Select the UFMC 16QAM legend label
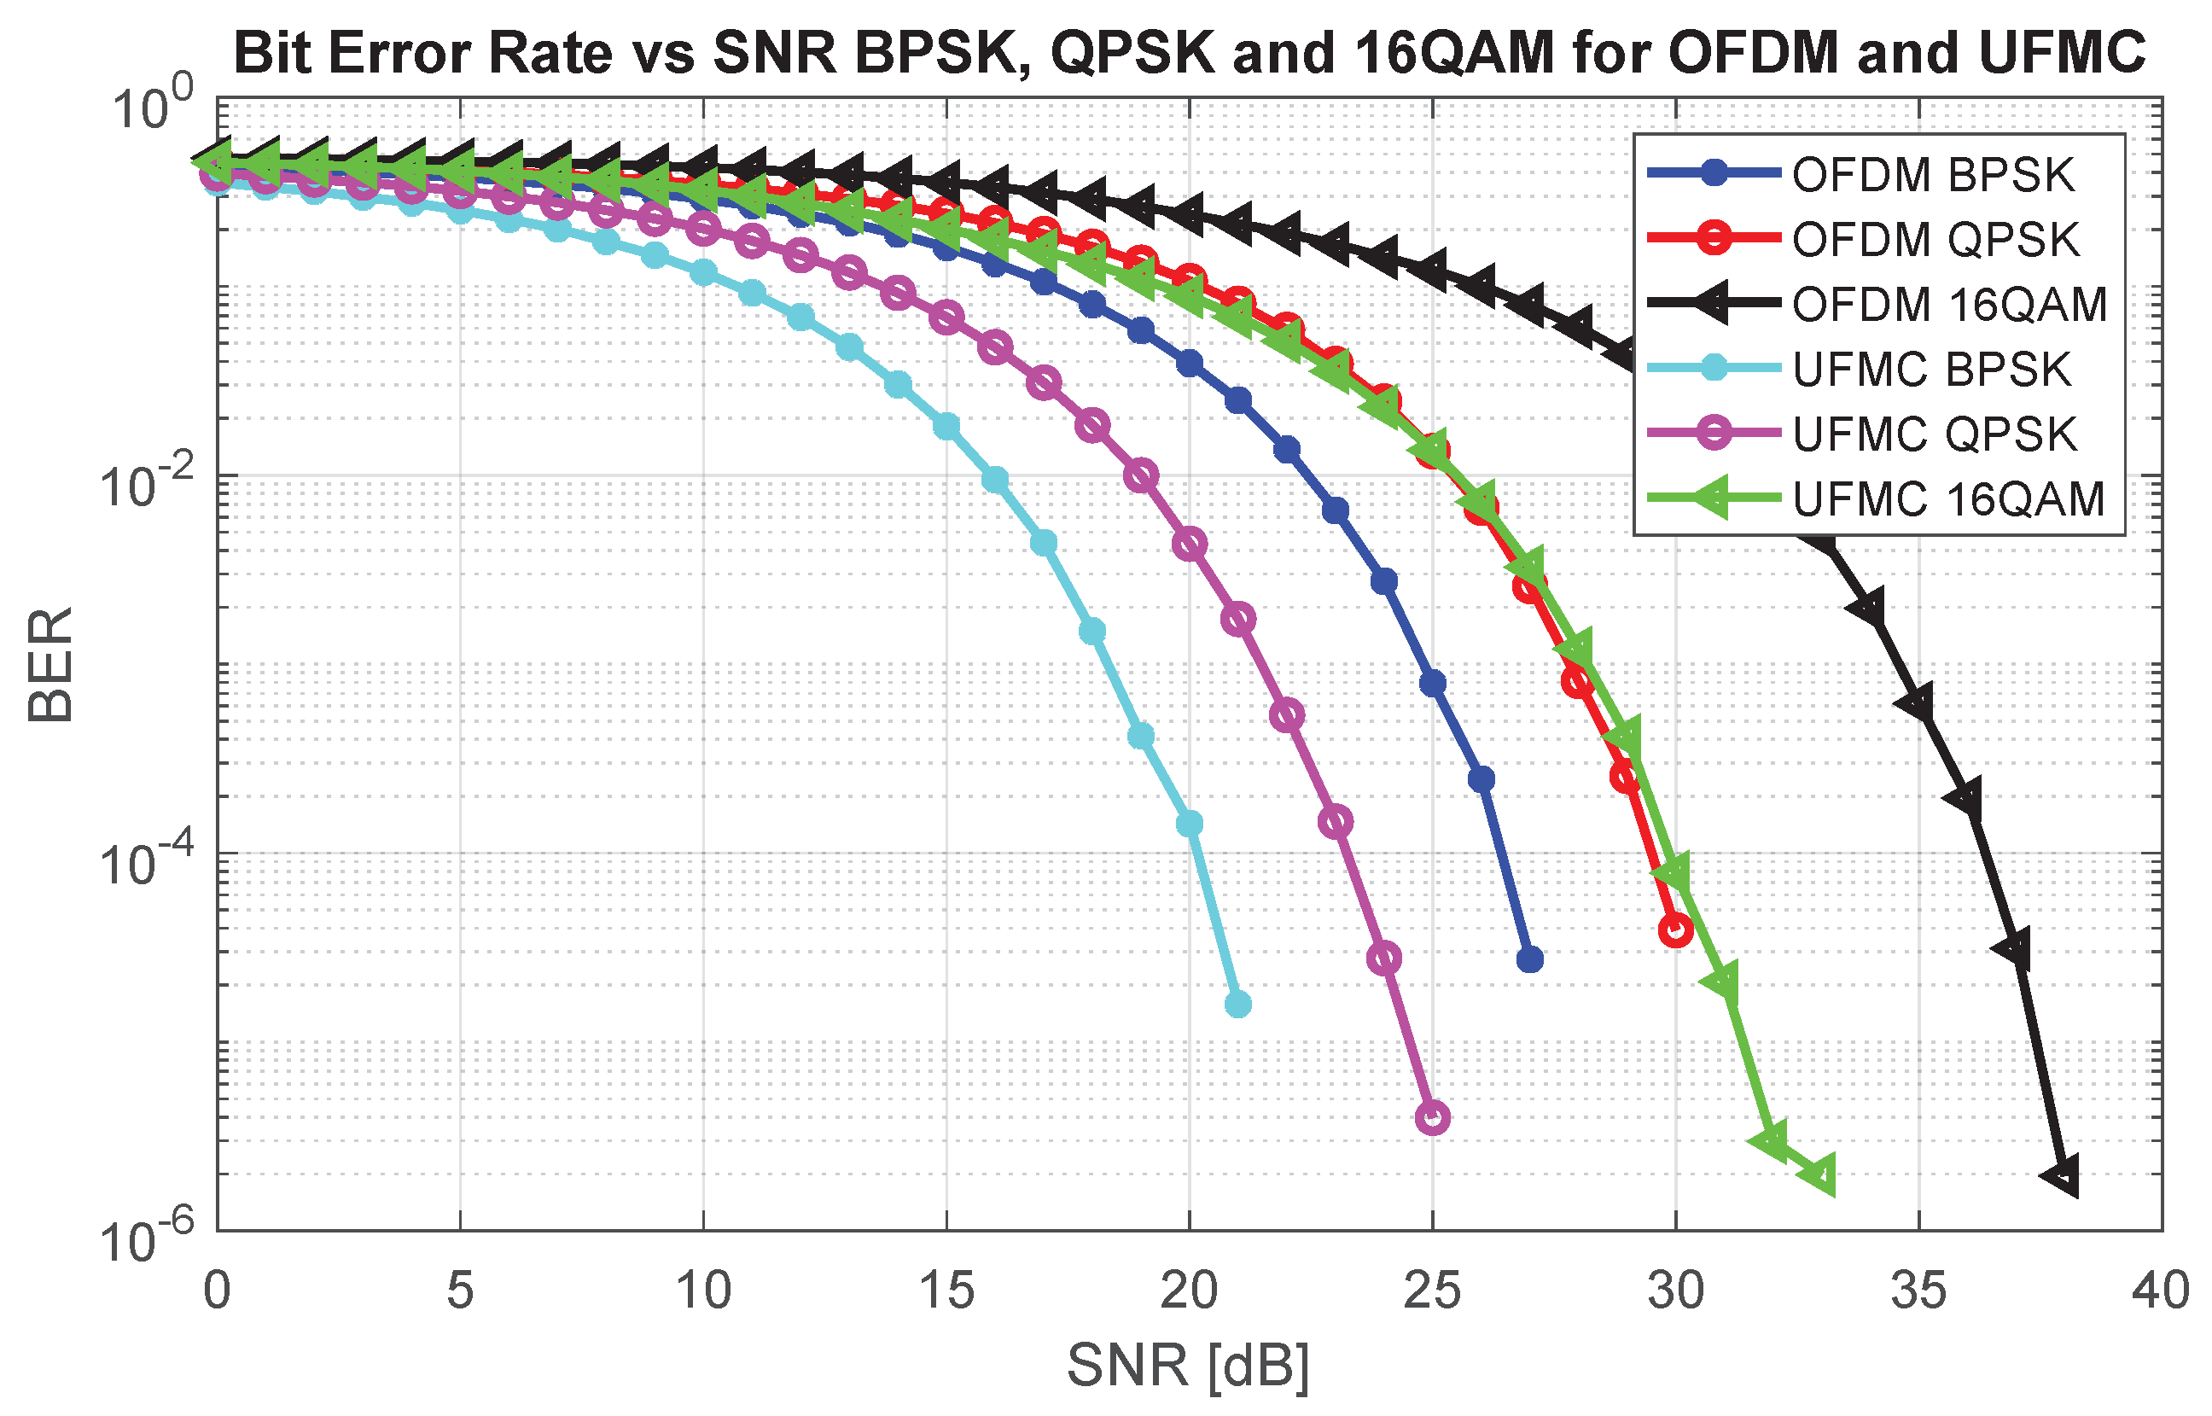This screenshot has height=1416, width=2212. click(x=1948, y=499)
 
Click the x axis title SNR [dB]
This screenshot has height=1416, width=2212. click(x=1188, y=1366)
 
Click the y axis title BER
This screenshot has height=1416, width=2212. click(x=50, y=664)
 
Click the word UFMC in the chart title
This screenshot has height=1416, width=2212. click(x=2062, y=52)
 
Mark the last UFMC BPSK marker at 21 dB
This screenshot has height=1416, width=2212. click(x=1238, y=1004)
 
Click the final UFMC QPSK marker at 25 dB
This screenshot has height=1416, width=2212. click(x=1432, y=1118)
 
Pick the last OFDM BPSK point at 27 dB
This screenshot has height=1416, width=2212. click(x=1529, y=960)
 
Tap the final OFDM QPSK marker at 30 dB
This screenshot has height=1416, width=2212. click(x=1675, y=930)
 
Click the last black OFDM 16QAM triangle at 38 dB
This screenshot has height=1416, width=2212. click(x=2062, y=1176)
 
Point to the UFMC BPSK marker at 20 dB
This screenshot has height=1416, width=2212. click(x=1190, y=823)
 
